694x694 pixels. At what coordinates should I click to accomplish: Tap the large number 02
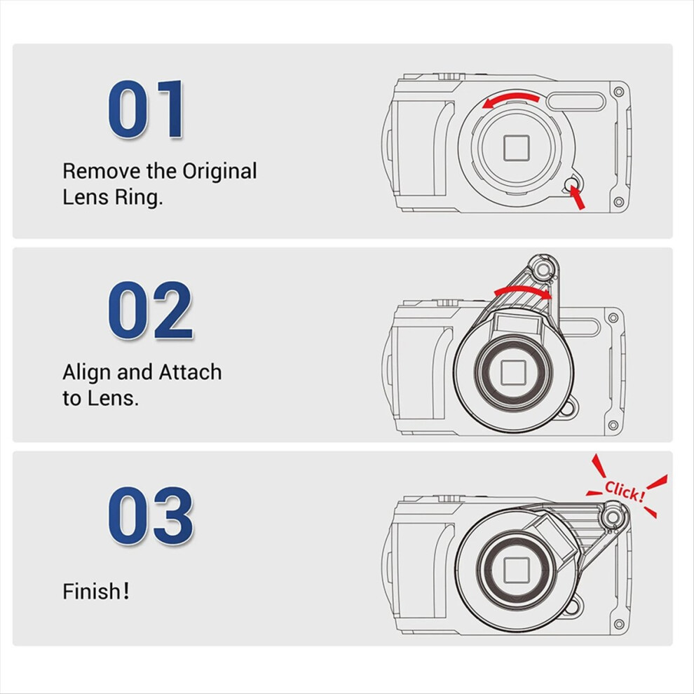[x=151, y=310]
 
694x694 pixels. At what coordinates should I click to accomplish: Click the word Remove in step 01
[x=102, y=171]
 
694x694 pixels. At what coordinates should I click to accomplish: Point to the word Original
[x=219, y=171]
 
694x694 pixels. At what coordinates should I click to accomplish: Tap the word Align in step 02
[x=87, y=373]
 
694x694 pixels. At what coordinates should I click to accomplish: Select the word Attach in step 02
[x=190, y=372]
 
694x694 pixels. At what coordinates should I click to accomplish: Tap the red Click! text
[x=625, y=491]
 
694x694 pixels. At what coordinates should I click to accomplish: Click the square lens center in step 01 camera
[x=517, y=148]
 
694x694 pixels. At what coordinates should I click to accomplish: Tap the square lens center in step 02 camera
[x=513, y=372]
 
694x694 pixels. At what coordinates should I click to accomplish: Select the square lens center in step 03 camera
[x=517, y=570]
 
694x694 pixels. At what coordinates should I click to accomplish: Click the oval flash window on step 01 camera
[x=576, y=100]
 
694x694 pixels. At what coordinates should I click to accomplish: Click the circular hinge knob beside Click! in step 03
[x=613, y=517]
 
